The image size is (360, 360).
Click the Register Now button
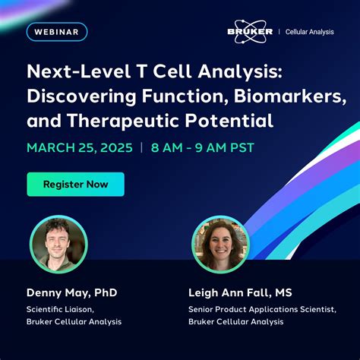pos(75,184)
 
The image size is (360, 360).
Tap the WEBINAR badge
pos(57,32)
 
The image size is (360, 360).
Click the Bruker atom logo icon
pos(251,32)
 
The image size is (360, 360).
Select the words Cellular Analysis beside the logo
pos(309,32)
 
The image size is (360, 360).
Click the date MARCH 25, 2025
pos(79,147)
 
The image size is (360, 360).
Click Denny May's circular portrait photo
pos(58,245)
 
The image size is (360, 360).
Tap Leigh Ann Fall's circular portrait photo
pos(221,245)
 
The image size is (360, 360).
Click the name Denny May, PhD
pos(72,293)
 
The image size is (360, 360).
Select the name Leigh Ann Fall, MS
pos(239,293)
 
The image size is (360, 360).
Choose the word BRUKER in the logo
pos(251,32)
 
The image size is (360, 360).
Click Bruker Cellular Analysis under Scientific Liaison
pos(74,322)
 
